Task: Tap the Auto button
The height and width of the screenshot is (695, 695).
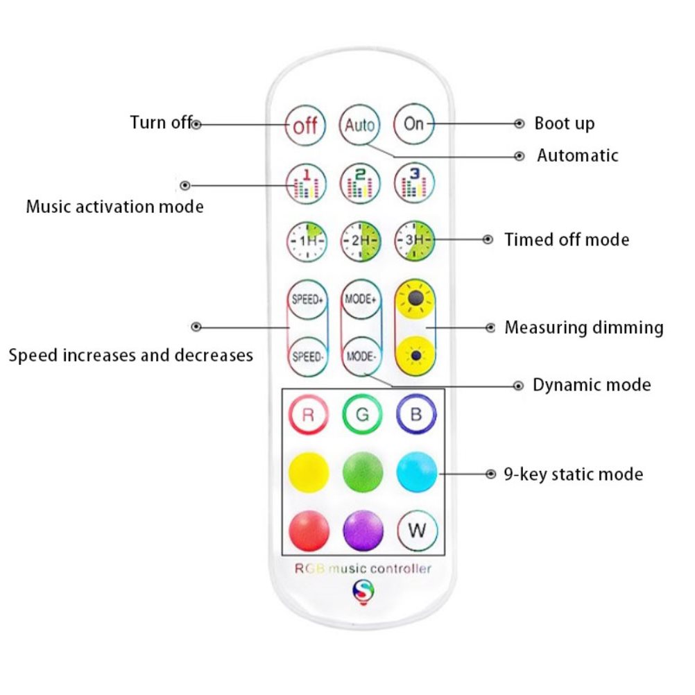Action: [360, 125]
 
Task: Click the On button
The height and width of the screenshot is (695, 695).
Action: [413, 124]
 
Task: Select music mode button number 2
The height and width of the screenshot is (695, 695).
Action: [361, 184]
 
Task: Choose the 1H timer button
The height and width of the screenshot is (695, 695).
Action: [307, 241]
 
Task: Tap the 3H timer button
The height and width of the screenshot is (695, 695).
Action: [415, 240]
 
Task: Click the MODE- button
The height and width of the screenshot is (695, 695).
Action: [361, 357]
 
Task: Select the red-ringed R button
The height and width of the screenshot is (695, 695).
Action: [309, 415]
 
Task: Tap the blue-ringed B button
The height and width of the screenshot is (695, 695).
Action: [416, 414]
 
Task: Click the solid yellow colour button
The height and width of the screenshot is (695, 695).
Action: [309, 472]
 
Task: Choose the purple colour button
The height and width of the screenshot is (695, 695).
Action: [363, 531]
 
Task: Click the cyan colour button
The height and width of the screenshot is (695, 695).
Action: [417, 472]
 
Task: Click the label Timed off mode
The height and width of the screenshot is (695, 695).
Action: [567, 240]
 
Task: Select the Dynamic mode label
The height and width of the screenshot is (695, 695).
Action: [592, 385]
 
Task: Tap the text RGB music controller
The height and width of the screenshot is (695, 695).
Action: [363, 568]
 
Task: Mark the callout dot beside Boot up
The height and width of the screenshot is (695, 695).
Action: [519, 123]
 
